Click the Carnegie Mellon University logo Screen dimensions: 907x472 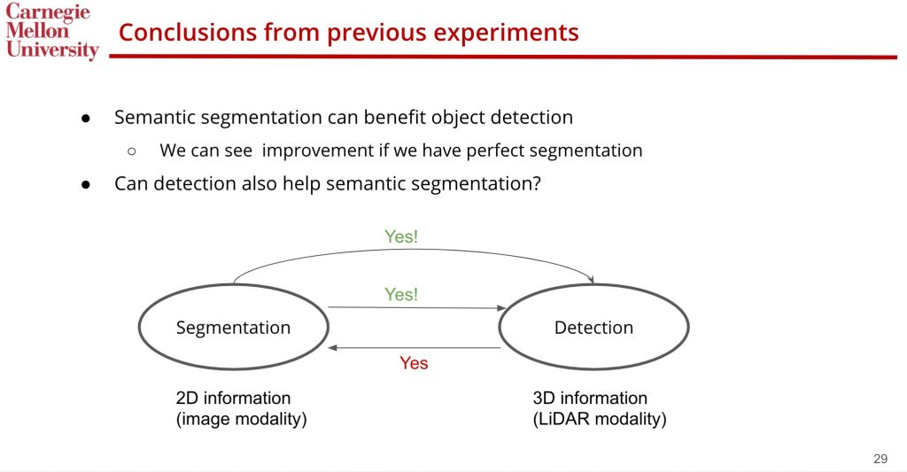(51, 31)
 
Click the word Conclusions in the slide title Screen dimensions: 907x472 (187, 32)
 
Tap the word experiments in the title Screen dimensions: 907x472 (506, 33)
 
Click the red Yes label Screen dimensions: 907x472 (414, 363)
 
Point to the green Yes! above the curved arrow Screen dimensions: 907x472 (401, 236)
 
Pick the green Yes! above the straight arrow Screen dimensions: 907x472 (401, 294)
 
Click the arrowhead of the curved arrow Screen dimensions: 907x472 (591, 280)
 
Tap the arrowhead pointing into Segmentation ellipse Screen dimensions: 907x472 (332, 348)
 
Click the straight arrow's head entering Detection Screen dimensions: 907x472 (501, 308)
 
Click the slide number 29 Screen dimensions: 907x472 (880, 459)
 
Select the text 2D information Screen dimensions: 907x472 (233, 398)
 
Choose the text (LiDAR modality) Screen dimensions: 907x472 (600, 419)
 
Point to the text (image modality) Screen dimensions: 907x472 (241, 419)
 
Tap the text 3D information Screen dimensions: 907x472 (590, 398)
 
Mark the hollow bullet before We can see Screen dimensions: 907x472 (131, 151)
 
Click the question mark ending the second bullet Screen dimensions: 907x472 (537, 183)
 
